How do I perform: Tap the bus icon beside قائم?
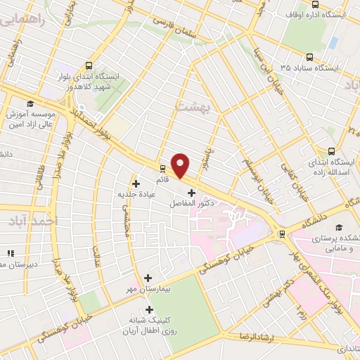click(x=163, y=168)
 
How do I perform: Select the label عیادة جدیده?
click(x=135, y=193)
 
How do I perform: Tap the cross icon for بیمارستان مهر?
click(x=147, y=278)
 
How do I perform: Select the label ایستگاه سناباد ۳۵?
click(x=309, y=68)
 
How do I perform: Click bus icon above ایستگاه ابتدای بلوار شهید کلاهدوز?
click(x=87, y=63)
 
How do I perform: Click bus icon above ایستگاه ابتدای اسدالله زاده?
click(x=332, y=150)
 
